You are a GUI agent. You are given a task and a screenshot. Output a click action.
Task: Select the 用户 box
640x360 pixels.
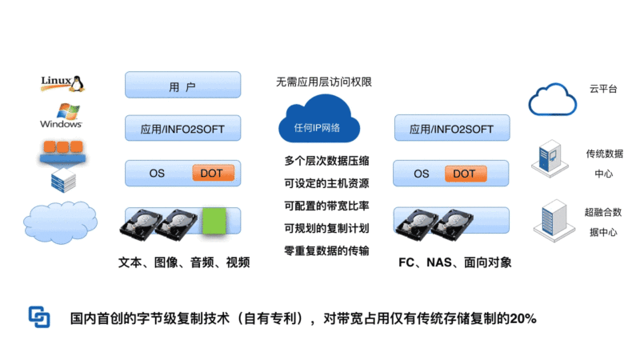click(182, 85)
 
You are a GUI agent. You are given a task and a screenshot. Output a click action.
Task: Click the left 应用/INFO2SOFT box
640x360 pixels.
click(182, 128)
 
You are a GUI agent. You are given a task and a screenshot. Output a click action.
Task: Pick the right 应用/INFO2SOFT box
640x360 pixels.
click(452, 128)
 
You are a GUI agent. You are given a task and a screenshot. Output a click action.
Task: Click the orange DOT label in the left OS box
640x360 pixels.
click(211, 173)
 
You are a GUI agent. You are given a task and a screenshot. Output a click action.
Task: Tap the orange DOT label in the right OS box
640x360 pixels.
click(464, 173)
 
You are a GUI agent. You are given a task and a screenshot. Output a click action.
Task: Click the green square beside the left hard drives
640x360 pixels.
click(213, 221)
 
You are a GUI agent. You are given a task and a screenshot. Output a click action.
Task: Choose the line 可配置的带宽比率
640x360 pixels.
click(326, 205)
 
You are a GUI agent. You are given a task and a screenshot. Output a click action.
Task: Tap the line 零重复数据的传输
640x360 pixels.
click(326, 250)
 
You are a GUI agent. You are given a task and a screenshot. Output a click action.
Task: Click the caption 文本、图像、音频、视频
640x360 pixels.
click(184, 262)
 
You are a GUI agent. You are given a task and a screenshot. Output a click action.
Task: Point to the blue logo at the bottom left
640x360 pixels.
click(39, 317)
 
